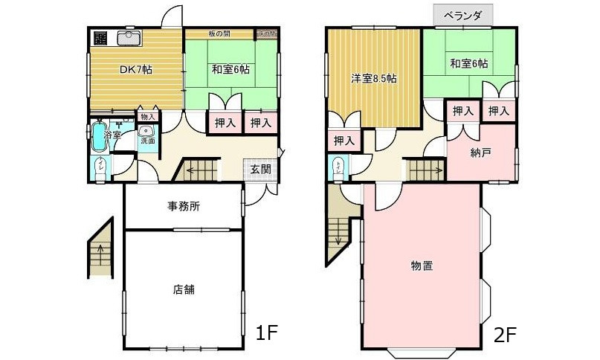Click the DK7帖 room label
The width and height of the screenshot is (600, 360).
(136, 69)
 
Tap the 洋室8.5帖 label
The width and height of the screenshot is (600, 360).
(373, 78)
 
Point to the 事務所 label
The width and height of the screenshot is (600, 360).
(183, 207)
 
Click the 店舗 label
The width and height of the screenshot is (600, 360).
(184, 289)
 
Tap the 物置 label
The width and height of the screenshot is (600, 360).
(422, 265)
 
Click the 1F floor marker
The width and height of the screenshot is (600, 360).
(268, 333)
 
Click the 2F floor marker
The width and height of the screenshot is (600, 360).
(506, 334)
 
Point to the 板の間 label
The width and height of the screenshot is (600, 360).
(219, 33)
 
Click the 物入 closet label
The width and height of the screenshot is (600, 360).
(147, 117)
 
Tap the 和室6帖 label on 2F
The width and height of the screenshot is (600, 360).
(468, 63)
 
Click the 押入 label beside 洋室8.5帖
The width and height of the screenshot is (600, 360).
(343, 140)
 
